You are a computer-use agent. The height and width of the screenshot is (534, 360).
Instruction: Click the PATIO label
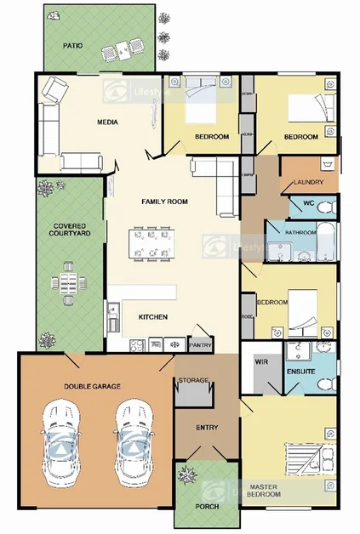(73, 45)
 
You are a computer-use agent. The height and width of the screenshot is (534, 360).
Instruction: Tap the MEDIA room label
(106, 122)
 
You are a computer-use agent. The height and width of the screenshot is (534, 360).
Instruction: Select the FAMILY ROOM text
(164, 202)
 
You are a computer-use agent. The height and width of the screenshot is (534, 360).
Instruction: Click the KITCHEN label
(152, 317)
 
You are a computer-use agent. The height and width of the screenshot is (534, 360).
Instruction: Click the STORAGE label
(192, 380)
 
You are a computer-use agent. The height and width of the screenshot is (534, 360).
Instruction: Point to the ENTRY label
(207, 428)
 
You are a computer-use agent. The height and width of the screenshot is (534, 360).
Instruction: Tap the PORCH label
(207, 507)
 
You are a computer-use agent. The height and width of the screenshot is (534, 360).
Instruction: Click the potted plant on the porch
(186, 479)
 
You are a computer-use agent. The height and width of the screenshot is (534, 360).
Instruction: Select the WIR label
(261, 361)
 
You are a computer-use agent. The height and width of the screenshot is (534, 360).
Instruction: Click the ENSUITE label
(302, 371)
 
